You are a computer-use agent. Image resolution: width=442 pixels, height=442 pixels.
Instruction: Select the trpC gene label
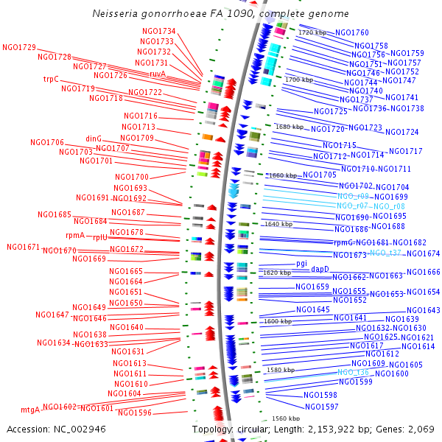point(51,79)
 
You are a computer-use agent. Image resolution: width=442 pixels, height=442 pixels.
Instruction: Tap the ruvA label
point(158,74)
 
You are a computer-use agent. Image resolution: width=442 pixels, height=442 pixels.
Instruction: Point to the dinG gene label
point(94,138)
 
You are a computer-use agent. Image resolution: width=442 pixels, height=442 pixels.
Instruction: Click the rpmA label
point(76,236)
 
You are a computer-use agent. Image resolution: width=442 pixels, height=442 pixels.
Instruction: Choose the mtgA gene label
point(30,410)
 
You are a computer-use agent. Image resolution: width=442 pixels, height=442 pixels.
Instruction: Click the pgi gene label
point(301,263)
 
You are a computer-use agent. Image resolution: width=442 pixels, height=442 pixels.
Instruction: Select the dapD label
point(320,269)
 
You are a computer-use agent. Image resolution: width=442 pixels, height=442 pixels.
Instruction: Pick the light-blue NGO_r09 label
point(353,197)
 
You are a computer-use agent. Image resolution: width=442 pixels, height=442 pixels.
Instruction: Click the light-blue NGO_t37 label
point(385,253)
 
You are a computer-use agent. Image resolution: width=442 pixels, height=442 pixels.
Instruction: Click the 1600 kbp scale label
point(278,321)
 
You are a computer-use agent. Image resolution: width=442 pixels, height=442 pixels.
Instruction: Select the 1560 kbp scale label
point(286,418)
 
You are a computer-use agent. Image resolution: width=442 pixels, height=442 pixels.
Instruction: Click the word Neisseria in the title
point(116,13)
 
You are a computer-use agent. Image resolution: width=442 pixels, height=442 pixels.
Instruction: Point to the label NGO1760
point(352,33)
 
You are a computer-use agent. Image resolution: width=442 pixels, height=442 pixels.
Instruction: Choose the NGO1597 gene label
point(322,407)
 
